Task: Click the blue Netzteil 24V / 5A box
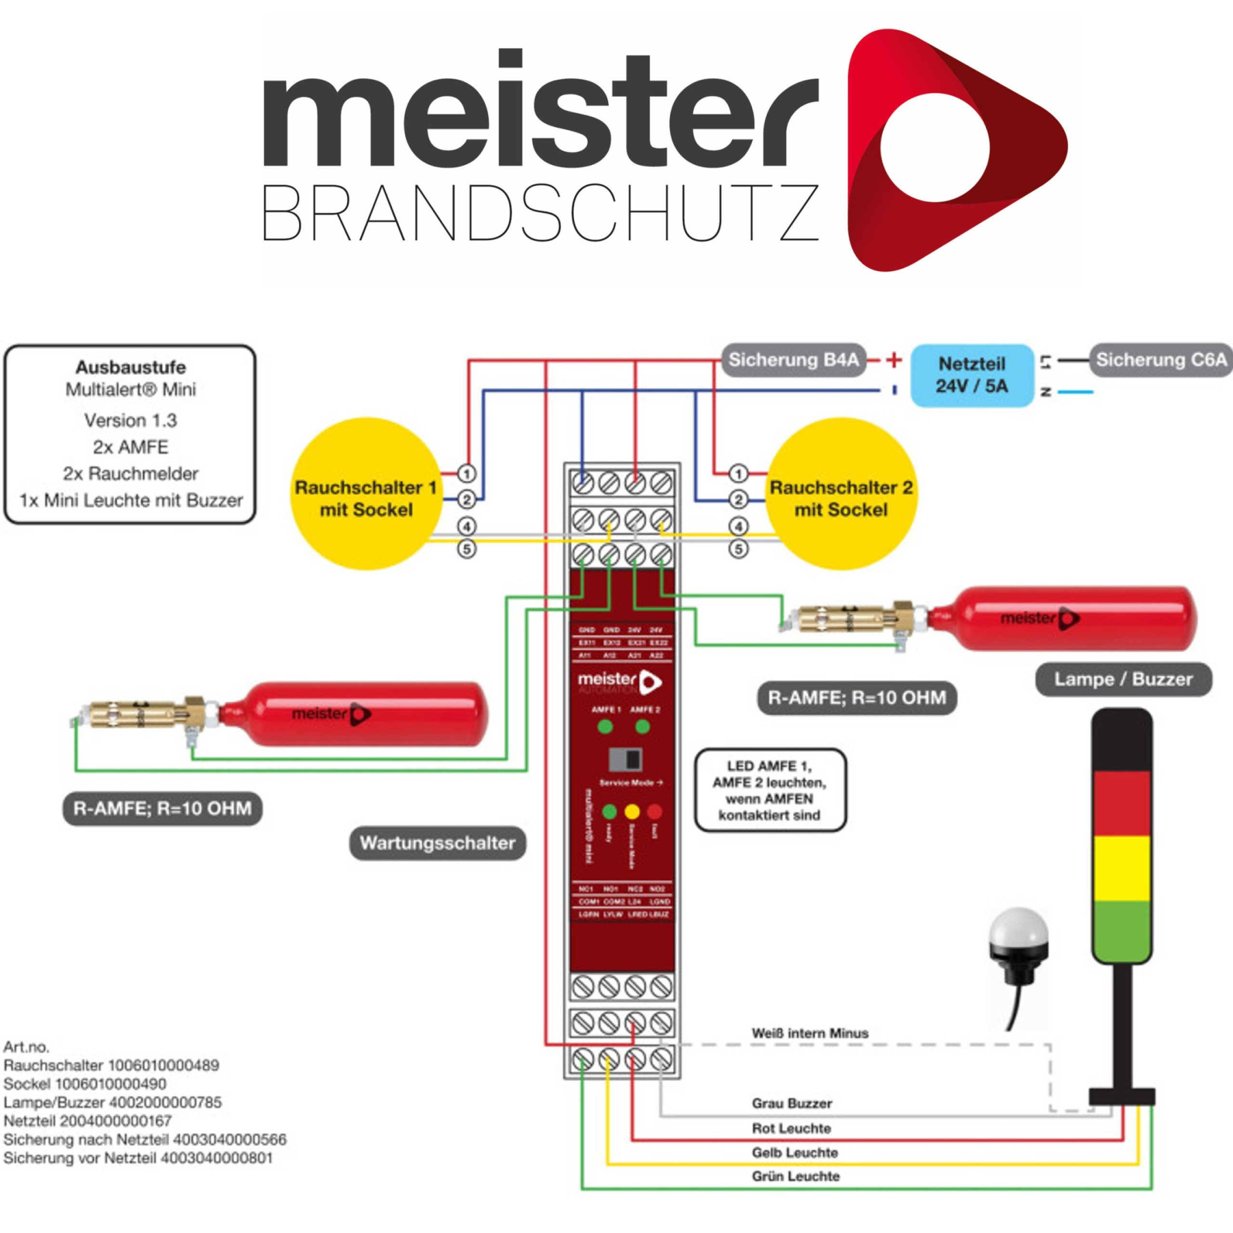click(x=971, y=375)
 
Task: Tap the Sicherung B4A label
click(x=793, y=360)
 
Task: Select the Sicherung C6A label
click(x=1161, y=360)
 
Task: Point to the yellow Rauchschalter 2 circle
click(x=840, y=493)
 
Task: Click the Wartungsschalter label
click(x=437, y=843)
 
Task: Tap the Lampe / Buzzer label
click(x=1123, y=679)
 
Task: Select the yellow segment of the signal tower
click(x=1121, y=867)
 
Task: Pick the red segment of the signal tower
click(x=1121, y=803)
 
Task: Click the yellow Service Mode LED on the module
click(x=632, y=812)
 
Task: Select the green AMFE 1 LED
click(x=605, y=726)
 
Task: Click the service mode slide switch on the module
click(x=626, y=760)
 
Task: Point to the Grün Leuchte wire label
click(x=795, y=1176)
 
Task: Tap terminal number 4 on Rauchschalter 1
click(x=467, y=526)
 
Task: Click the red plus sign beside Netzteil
click(x=893, y=360)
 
